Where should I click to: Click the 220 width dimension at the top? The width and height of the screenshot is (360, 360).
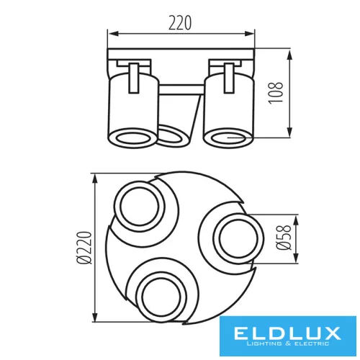pyautogui.click(x=181, y=22)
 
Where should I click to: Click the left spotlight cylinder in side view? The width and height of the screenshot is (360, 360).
pyautogui.click(x=132, y=108)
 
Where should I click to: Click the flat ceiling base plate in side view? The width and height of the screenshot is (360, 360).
pyautogui.click(x=181, y=55)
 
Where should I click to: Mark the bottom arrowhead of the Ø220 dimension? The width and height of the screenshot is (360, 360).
pyautogui.click(x=95, y=320)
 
